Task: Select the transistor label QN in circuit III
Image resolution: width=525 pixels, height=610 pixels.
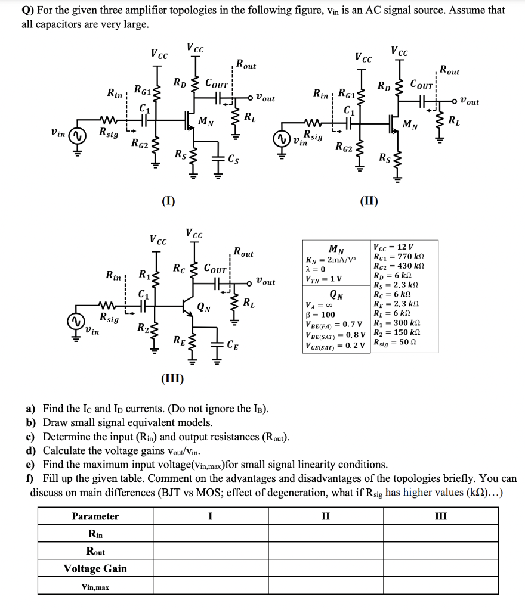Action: coord(203,307)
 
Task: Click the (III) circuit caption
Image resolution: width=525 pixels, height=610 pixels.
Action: coord(172,379)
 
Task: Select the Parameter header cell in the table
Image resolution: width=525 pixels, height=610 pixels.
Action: coord(95,516)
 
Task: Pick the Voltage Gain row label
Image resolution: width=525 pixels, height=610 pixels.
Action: coord(95,568)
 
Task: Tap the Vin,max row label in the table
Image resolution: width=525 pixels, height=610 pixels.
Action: coord(95,587)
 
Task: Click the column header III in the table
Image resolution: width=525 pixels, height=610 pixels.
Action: coord(443,516)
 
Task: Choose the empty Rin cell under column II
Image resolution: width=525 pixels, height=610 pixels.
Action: coord(325,533)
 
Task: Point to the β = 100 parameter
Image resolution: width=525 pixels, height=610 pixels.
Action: coord(320,315)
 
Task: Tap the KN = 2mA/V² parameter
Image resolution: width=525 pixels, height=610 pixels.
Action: coord(333,259)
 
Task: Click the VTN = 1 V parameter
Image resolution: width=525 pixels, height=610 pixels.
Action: coord(324,278)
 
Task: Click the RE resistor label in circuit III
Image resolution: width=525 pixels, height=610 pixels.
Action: coord(179,341)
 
